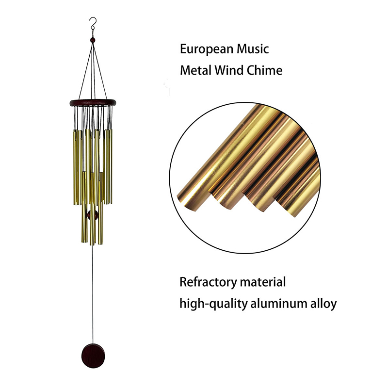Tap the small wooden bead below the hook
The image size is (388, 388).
93,40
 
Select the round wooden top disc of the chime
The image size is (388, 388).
93,103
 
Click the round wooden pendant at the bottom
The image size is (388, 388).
93,356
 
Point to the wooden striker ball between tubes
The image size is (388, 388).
93,215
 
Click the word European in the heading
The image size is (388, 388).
207,49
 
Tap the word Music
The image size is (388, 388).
253,49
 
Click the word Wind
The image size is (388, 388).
229,70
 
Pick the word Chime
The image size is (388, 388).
264,70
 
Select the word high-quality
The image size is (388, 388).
213,304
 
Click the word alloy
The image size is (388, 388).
323,304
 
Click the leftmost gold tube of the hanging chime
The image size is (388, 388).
74,167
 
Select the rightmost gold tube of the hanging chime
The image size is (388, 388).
111,166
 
